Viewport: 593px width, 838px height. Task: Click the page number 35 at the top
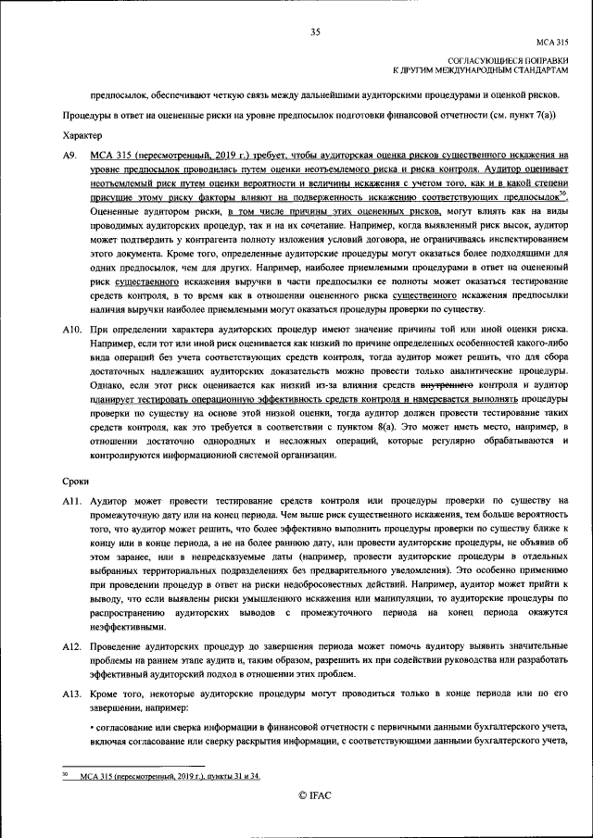315,32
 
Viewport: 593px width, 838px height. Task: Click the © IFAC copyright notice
315,795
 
